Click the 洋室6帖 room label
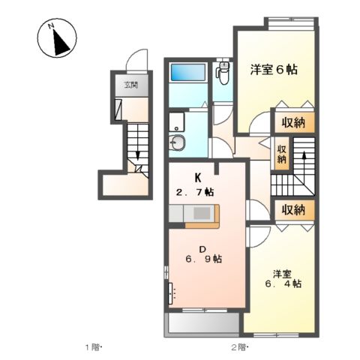click(x=274, y=70)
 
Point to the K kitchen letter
click(x=198, y=178)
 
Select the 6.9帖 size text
click(x=202, y=259)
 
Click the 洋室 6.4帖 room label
click(x=283, y=278)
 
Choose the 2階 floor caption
click(x=239, y=347)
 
